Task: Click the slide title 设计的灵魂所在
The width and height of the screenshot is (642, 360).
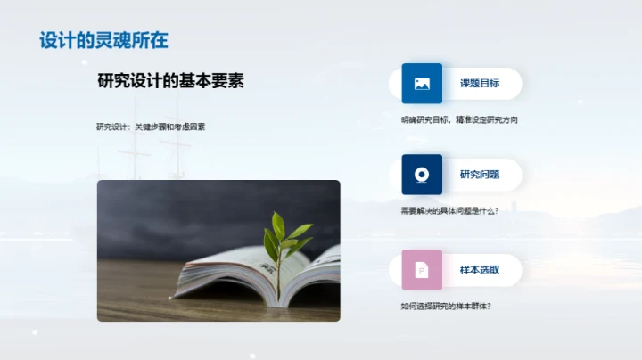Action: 103,40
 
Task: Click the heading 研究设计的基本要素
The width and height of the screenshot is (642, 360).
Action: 170,81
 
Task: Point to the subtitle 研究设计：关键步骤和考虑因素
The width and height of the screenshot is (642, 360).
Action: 151,127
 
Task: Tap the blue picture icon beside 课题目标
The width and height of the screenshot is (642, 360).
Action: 422,84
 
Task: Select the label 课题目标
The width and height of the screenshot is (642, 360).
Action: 479,84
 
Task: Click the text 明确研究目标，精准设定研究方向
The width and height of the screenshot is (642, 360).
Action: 459,119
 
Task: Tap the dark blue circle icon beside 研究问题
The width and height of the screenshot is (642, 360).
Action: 422,175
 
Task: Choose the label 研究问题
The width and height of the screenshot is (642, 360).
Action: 479,175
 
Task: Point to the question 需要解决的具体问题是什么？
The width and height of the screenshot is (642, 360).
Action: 449,210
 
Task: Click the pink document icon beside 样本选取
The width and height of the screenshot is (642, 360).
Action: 422,270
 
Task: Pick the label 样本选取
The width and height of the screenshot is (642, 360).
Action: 479,270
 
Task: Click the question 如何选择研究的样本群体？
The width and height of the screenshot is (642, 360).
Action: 446,307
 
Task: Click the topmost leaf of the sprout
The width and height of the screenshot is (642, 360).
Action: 278,223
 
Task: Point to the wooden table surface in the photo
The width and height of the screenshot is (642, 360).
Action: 143,299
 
